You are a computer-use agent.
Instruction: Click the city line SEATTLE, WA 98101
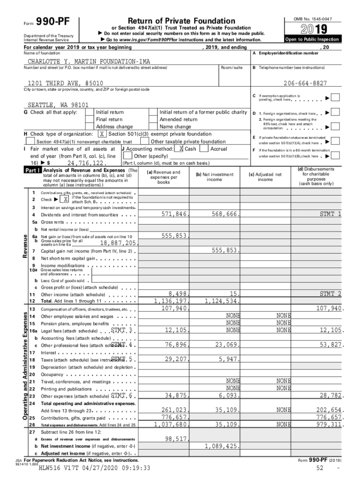pos(58,105)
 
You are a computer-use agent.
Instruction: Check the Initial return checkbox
pos(89,112)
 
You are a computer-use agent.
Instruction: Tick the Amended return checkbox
pos(152,119)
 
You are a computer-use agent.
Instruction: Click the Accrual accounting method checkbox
pos(203,148)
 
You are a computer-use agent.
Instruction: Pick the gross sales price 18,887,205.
pos(118,243)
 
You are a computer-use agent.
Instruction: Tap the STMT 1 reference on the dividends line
pos(330,214)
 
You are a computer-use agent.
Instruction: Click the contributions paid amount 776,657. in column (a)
pos(173,417)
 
